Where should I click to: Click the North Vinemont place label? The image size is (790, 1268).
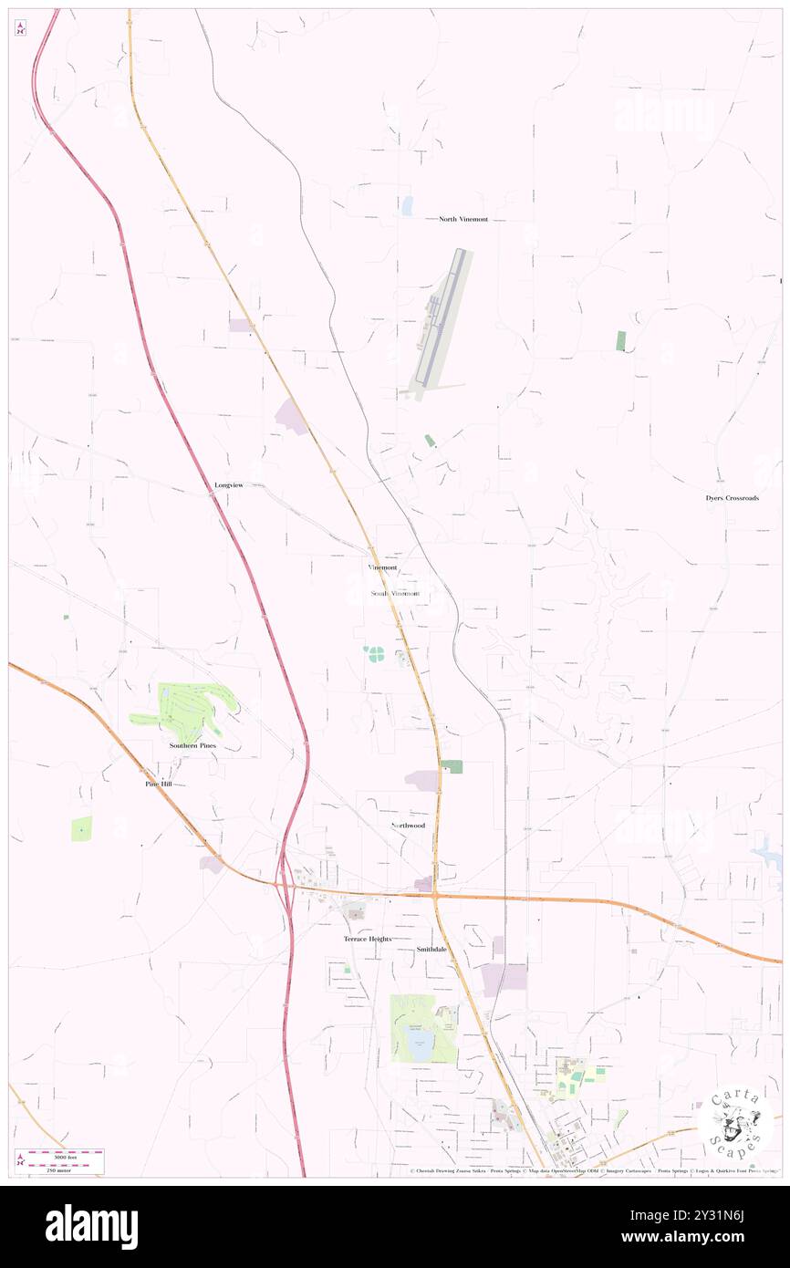[x=463, y=219]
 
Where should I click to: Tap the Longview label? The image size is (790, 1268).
[x=228, y=484]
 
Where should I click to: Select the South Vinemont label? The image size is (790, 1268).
[x=396, y=593]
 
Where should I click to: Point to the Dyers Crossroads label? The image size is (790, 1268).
[x=732, y=498]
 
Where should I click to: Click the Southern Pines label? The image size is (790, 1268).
[x=193, y=745]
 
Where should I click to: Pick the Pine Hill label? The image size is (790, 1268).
[x=158, y=784]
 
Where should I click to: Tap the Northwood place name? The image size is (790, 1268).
[x=408, y=826]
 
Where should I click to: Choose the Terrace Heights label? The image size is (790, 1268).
[x=367, y=939]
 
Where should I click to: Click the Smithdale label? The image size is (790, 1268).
[x=431, y=949]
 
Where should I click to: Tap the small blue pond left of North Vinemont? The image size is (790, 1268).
[x=407, y=206]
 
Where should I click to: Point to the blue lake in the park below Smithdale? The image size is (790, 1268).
[x=421, y=1049]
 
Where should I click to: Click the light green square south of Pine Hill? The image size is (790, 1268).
[x=81, y=828]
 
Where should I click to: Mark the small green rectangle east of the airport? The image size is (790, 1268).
[x=621, y=341]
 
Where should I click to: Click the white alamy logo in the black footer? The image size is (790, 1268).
[x=91, y=1227]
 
